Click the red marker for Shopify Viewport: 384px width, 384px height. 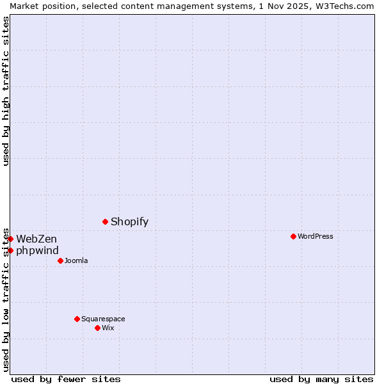(105, 221)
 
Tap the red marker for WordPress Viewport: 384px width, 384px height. (293, 236)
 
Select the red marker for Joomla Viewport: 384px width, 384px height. (60, 260)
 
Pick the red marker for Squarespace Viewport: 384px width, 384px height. (77, 319)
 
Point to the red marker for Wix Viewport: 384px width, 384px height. (97, 328)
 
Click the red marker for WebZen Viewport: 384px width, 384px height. (10, 239)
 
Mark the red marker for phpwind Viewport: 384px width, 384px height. (10, 250)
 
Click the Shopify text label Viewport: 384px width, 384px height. (129, 222)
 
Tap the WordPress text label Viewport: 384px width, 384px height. (315, 237)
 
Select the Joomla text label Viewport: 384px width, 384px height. (76, 261)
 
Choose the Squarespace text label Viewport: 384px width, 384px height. (103, 319)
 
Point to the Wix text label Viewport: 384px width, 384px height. (108, 328)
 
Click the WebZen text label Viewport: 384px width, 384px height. (36, 239)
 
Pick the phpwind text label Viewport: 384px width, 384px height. (37, 251)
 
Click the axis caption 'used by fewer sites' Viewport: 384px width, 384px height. (66, 379)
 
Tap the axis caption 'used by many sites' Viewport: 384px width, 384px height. (321, 379)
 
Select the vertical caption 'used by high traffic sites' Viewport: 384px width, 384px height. (6, 91)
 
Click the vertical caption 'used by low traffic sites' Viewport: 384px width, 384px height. (6, 299)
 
